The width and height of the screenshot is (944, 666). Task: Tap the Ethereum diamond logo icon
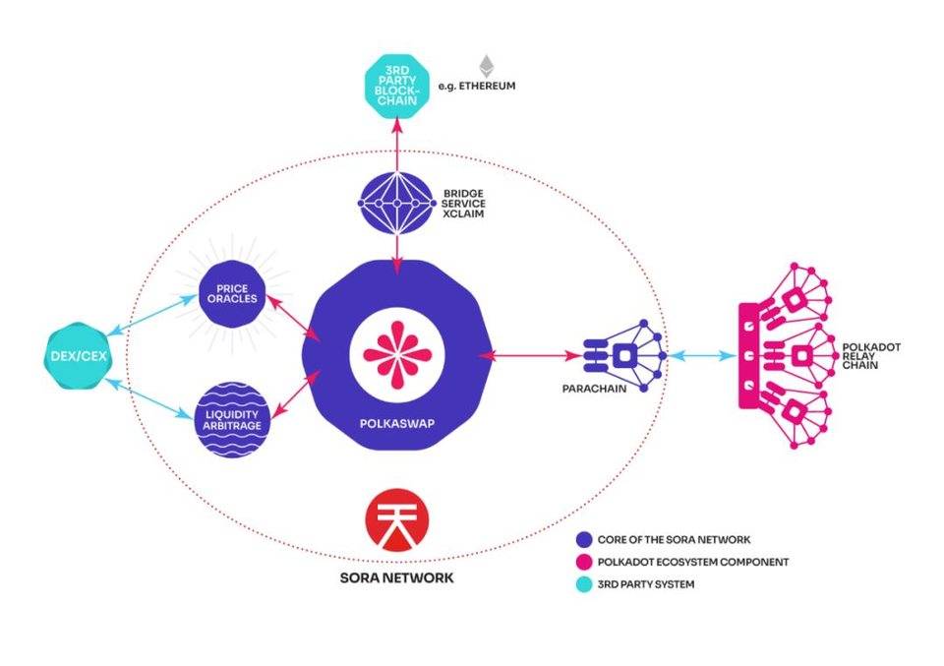point(486,67)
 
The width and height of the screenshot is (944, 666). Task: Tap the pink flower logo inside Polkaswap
point(396,354)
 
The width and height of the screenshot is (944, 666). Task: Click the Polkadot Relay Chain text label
point(866,356)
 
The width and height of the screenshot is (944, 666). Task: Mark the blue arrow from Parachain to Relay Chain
point(701,354)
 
